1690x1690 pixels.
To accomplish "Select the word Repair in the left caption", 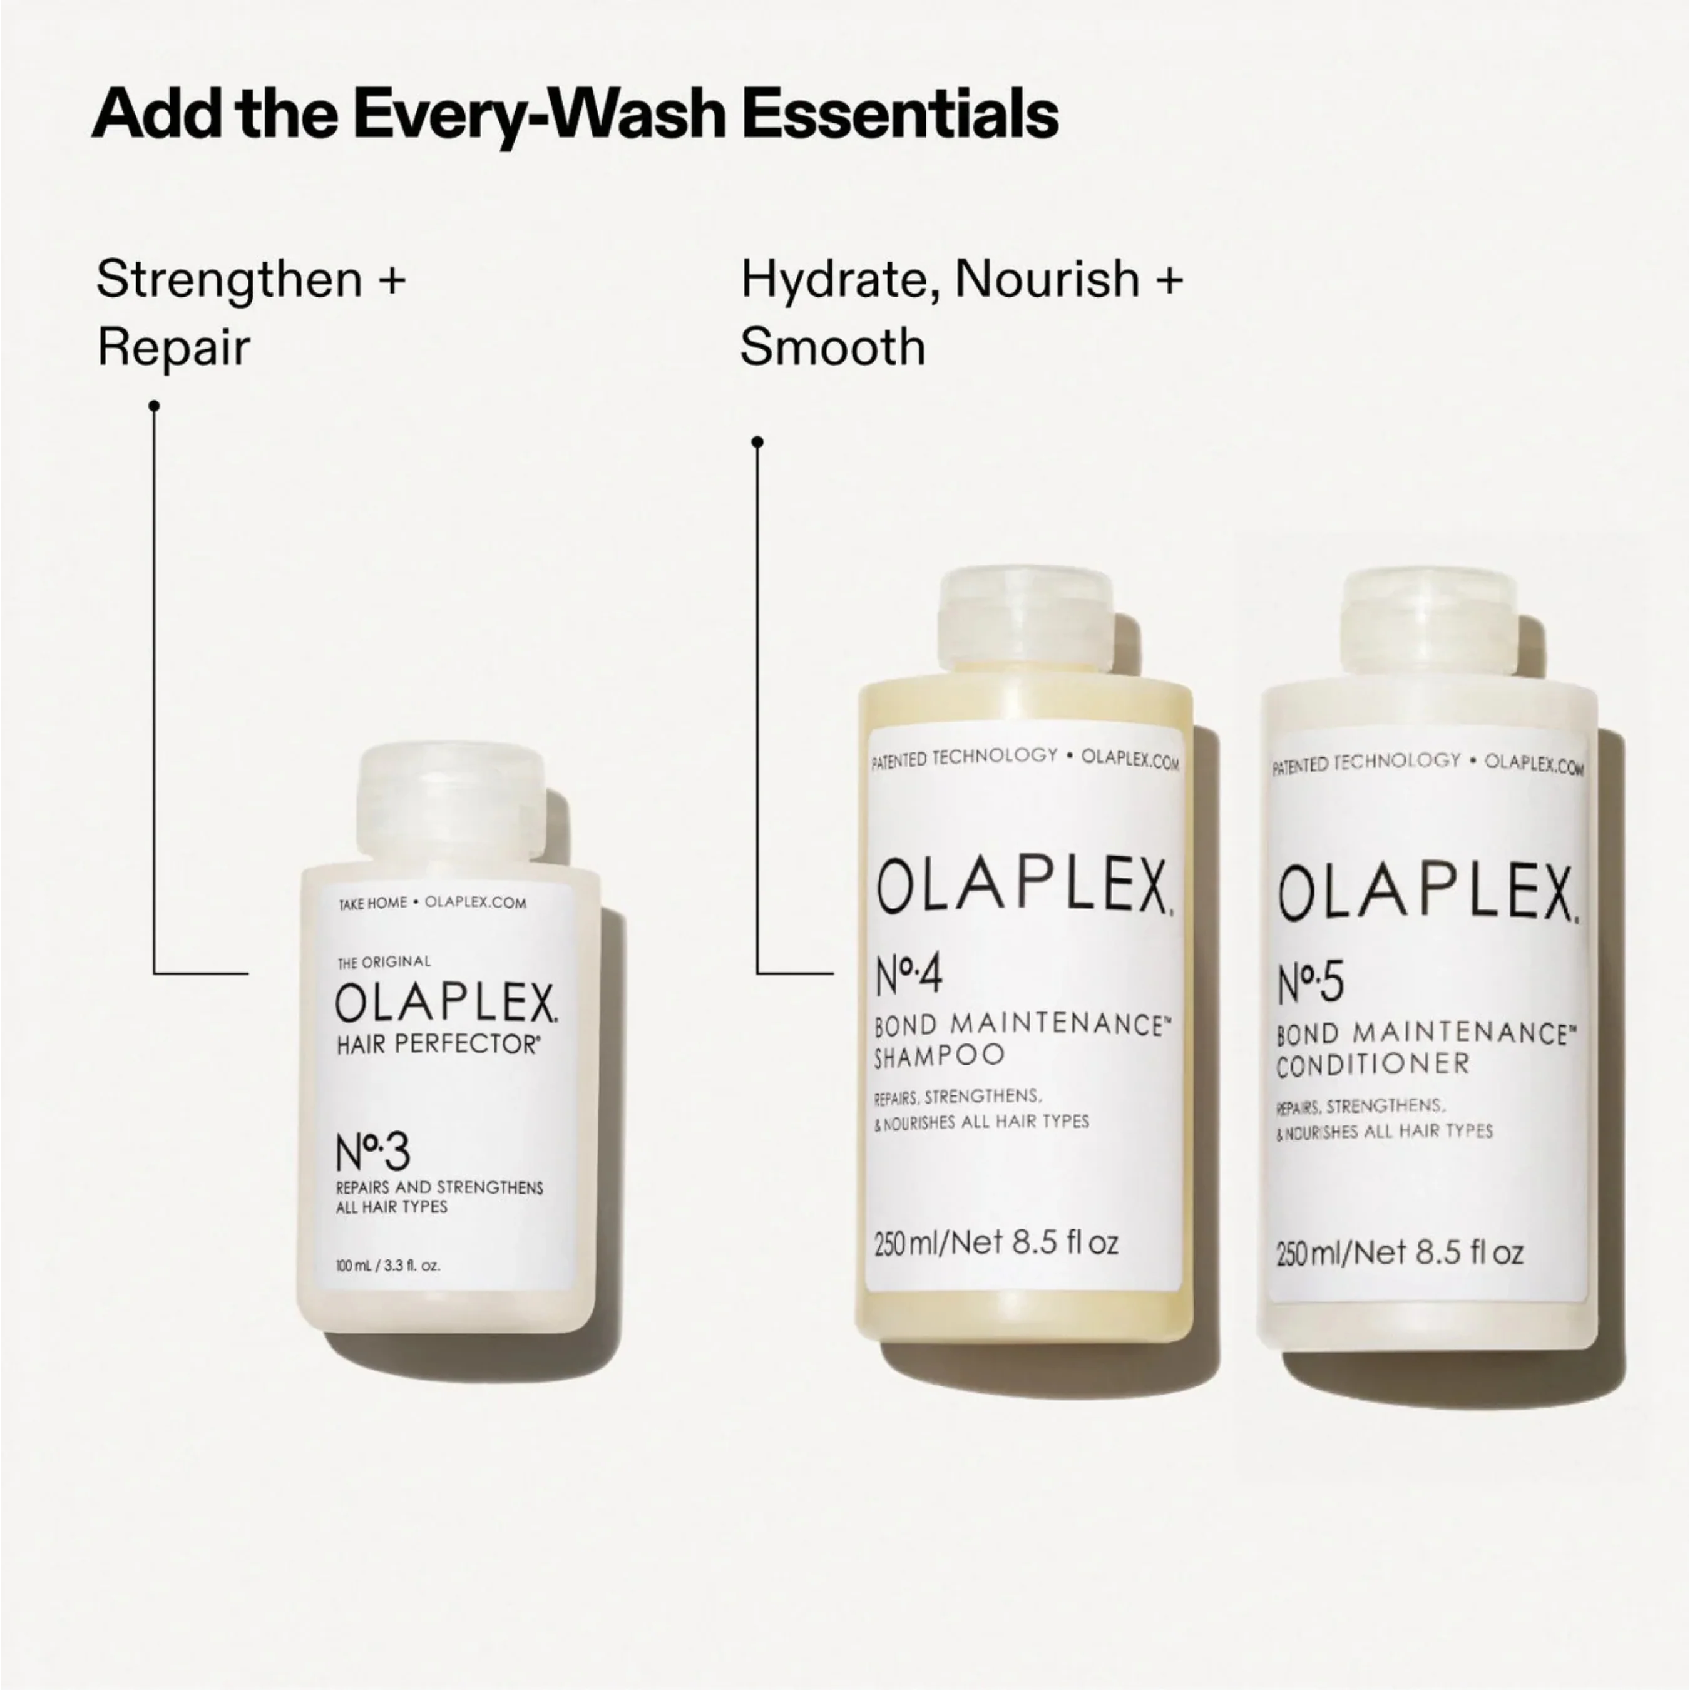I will pos(173,347).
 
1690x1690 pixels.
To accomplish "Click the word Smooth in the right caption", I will pos(832,347).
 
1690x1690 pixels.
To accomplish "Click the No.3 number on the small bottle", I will pos(372,1152).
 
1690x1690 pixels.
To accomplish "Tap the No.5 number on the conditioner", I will pos(1309,983).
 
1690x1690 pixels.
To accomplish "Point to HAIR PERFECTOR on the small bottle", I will pos(438,1045).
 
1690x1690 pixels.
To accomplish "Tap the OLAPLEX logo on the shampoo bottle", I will pos(1022,886).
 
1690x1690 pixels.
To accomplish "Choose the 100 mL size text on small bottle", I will pos(387,1266).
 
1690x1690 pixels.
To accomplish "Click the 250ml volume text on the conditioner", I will pos(1400,1254).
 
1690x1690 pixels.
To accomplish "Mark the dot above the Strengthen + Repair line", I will pos(154,406).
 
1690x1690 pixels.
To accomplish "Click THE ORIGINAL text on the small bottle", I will pos(384,962).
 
